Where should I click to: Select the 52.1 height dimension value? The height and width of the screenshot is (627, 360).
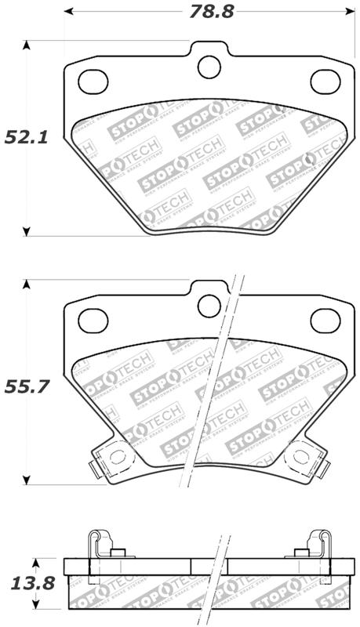27,138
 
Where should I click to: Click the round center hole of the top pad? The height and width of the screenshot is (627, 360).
209,67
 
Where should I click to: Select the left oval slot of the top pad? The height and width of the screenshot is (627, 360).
93,81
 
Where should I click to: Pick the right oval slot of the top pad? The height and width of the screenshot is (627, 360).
324,81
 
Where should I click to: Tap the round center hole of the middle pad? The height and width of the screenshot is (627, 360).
209,306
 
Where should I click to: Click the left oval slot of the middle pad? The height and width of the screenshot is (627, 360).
93,319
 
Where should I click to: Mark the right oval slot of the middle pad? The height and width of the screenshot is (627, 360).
324,319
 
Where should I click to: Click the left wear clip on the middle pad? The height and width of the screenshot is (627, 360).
108,458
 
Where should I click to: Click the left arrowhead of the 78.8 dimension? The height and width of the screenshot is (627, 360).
68,12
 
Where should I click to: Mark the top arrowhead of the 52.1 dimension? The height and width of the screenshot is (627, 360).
27,45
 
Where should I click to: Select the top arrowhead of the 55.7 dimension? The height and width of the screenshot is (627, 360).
27,284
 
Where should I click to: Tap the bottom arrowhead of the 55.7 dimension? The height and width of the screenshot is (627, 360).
27,480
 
